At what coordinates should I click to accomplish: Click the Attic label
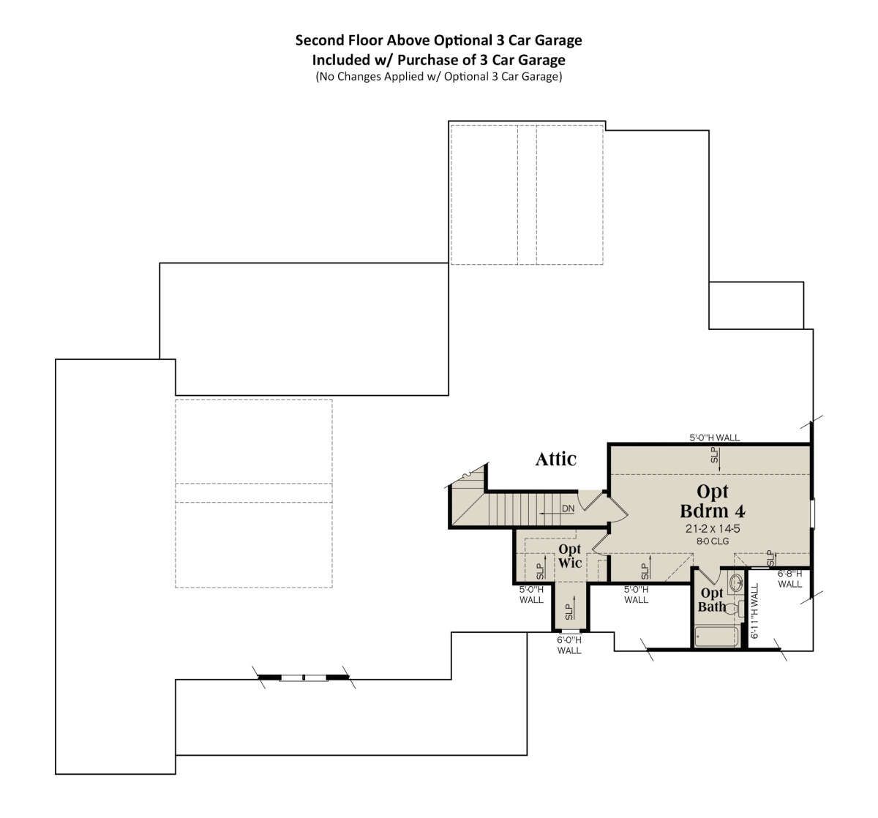pos(556,459)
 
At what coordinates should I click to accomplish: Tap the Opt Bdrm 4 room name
pos(712,501)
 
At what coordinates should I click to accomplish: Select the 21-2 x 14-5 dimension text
pos(713,528)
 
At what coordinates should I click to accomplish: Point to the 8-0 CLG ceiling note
pos(713,541)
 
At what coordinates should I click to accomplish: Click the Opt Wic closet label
pos(570,556)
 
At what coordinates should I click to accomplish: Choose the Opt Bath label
pos(712,599)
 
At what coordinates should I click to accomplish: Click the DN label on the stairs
pos(568,509)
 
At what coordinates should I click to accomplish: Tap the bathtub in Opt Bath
pos(716,637)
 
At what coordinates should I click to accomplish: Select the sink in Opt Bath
pos(736,582)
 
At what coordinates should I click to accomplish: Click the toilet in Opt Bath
pos(735,609)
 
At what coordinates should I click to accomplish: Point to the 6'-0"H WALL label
pos(569,645)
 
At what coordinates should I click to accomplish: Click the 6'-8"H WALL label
pos(789,579)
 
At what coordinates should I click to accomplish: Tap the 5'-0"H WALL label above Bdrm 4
pos(714,438)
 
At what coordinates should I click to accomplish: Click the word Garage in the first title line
pos(558,40)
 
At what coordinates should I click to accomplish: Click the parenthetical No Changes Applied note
pos(438,77)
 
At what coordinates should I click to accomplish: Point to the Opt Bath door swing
pos(707,576)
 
